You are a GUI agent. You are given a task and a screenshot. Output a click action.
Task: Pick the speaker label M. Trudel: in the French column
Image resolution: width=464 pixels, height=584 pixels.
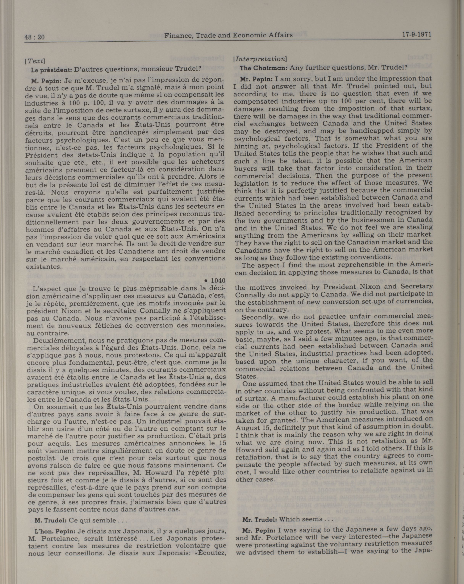coord(50,536)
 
